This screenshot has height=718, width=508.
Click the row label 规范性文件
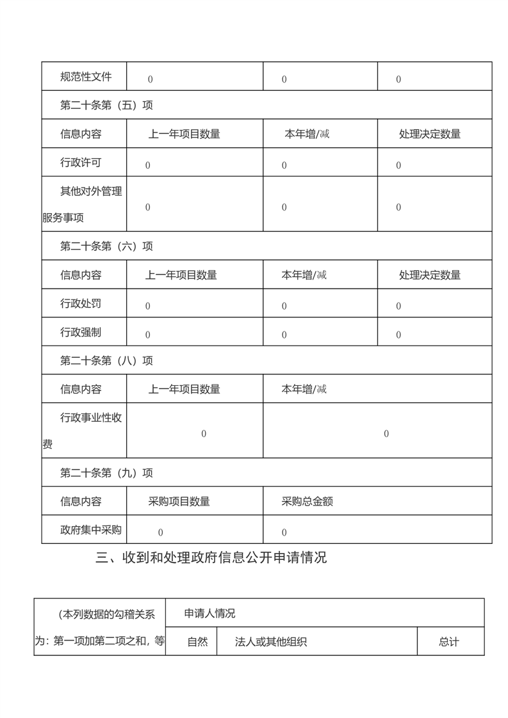point(86,77)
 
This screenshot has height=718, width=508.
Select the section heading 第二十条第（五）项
point(106,106)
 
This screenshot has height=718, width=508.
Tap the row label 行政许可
point(81,163)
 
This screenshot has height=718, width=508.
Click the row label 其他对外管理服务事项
point(83,204)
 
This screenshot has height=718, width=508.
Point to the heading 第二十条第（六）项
point(106,246)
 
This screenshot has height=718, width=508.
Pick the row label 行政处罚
point(81,303)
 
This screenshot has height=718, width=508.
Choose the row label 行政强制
point(81,332)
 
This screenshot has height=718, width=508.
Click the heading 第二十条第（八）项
point(106,361)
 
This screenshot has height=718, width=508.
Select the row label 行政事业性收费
point(83,431)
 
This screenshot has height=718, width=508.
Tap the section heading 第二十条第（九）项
point(106,473)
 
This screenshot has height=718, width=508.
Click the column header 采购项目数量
point(179,502)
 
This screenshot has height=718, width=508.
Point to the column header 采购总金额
point(307,502)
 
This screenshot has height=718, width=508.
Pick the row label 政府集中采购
point(91,530)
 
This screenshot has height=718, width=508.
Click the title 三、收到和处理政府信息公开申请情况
point(211,557)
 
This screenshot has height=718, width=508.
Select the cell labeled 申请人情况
point(209,613)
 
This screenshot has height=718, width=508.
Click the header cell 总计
point(449,642)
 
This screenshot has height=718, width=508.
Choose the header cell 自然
point(197,642)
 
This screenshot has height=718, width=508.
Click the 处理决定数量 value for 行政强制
point(398,335)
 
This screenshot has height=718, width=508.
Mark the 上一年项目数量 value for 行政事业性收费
point(204,434)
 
